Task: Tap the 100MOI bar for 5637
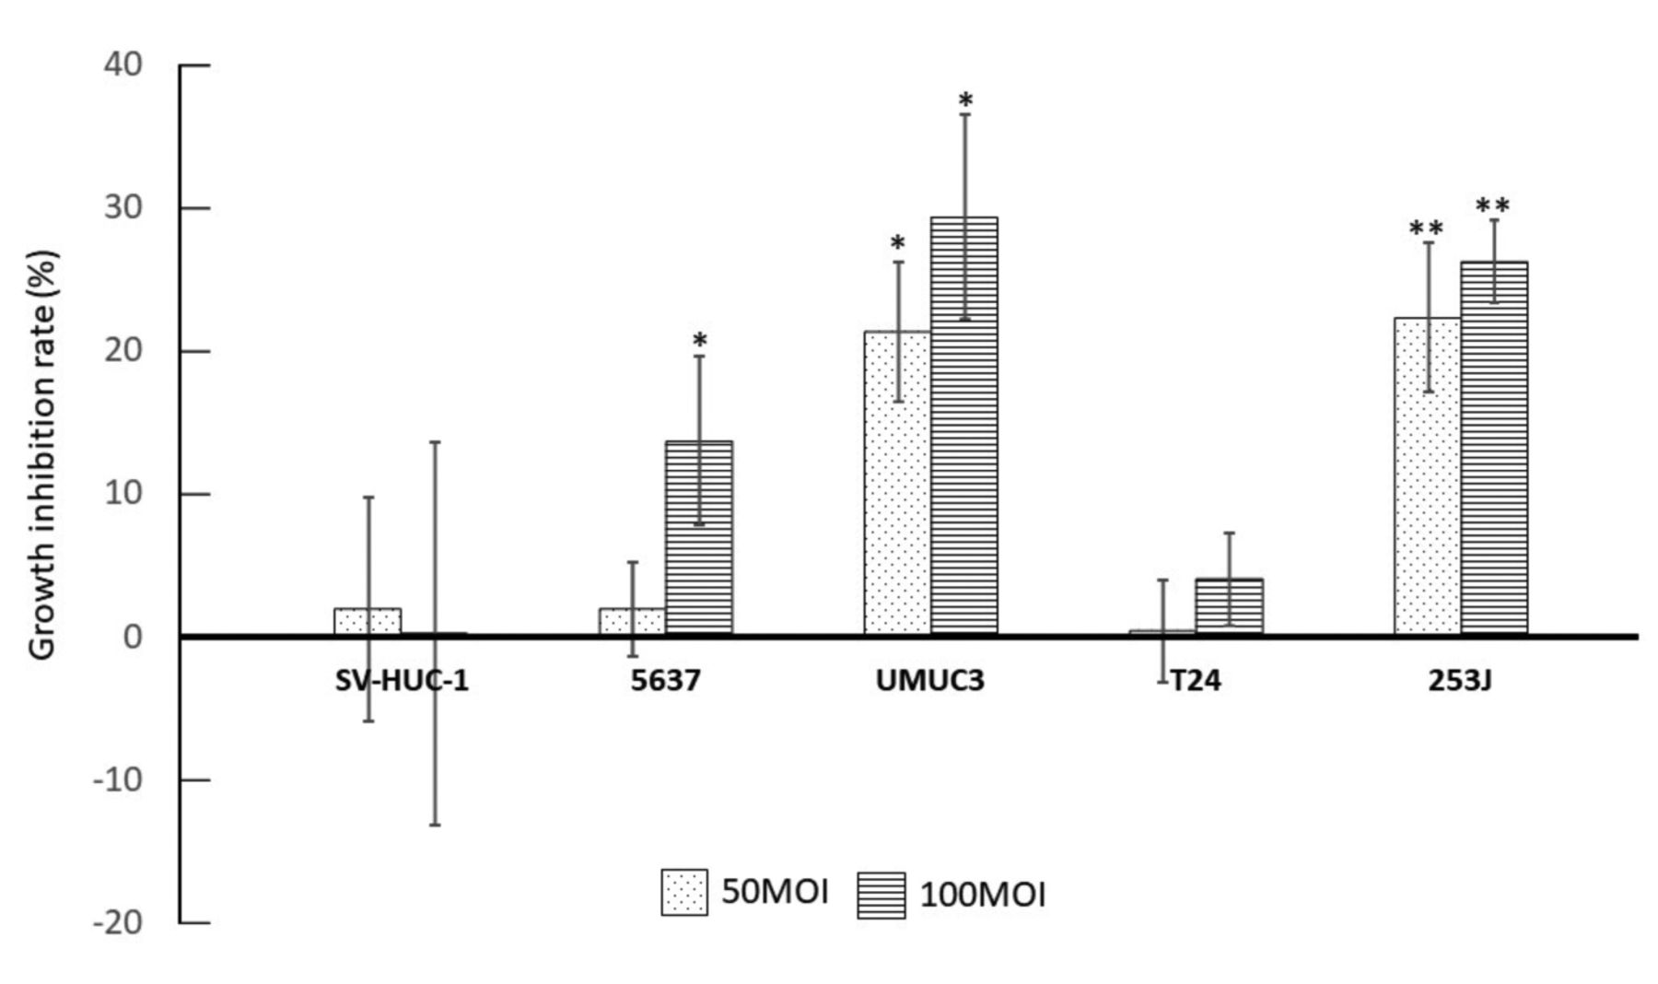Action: [x=699, y=538]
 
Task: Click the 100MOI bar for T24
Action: [x=1229, y=607]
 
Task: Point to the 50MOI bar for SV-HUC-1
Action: [x=368, y=622]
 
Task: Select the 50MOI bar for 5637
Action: [x=632, y=622]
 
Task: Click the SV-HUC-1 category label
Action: [x=402, y=681]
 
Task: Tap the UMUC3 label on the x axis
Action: [x=930, y=681]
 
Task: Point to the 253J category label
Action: [x=1460, y=681]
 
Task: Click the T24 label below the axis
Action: [x=1196, y=681]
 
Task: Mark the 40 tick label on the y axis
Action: [x=123, y=64]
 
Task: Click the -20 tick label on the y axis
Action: [x=118, y=922]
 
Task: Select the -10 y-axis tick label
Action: [x=118, y=779]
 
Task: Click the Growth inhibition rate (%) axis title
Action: [x=42, y=455]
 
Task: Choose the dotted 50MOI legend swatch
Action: [x=684, y=892]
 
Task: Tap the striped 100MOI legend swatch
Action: [x=882, y=895]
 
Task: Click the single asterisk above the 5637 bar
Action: [x=700, y=340]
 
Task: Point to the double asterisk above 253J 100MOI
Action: [x=1493, y=205]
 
